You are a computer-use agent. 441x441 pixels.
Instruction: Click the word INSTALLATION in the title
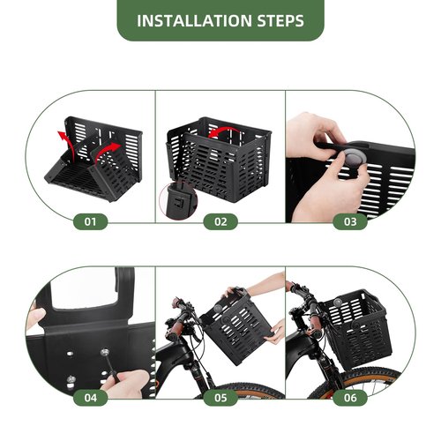[194, 20]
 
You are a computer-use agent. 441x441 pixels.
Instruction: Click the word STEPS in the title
[280, 20]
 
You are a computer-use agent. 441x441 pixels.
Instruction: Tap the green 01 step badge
[90, 221]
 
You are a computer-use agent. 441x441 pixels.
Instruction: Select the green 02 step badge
[220, 221]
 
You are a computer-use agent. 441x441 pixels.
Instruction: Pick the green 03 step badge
[350, 221]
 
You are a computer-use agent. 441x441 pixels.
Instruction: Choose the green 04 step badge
[90, 398]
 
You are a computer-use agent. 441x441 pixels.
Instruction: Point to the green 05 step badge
[220, 398]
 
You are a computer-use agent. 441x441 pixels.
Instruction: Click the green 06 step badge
[350, 398]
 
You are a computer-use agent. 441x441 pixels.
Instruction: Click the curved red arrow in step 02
[223, 129]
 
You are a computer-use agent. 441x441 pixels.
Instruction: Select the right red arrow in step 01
[107, 151]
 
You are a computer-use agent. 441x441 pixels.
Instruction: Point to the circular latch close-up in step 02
[178, 200]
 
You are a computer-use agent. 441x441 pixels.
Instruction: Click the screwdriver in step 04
[110, 365]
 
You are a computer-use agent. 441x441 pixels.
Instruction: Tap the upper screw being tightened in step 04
[104, 352]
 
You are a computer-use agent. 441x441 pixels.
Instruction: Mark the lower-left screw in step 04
[71, 379]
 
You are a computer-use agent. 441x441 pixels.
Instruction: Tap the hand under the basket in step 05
[275, 332]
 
